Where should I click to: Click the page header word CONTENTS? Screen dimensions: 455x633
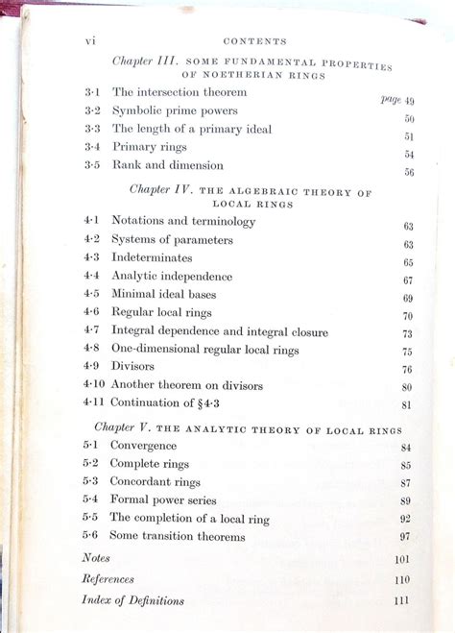(x=254, y=41)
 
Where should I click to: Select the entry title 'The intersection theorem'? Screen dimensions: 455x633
(x=180, y=92)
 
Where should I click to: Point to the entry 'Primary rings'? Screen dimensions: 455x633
(x=147, y=147)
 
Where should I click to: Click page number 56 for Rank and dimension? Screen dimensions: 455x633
(x=409, y=173)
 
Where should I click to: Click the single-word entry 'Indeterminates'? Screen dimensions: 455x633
(x=152, y=257)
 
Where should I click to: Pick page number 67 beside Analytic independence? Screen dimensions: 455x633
(x=408, y=280)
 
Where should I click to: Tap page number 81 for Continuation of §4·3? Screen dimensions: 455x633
(x=407, y=405)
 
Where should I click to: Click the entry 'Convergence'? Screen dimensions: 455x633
(x=144, y=446)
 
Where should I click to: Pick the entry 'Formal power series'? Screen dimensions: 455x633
(x=164, y=500)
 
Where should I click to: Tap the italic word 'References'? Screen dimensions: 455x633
(x=108, y=579)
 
